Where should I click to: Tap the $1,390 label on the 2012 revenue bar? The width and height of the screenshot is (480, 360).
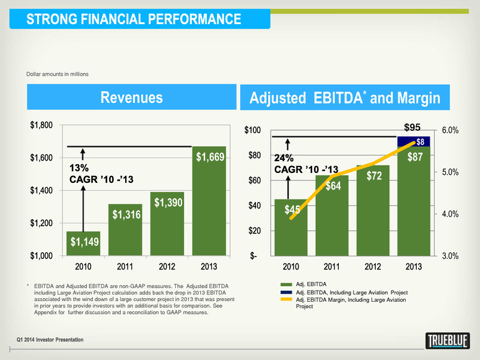coord(167,202)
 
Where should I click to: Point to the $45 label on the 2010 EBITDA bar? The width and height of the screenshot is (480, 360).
coord(293,210)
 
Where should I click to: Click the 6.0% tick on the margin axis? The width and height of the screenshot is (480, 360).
coord(448,130)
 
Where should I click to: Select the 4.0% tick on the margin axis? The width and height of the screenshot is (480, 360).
coord(448,214)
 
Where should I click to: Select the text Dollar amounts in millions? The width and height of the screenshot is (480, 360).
coord(58,74)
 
